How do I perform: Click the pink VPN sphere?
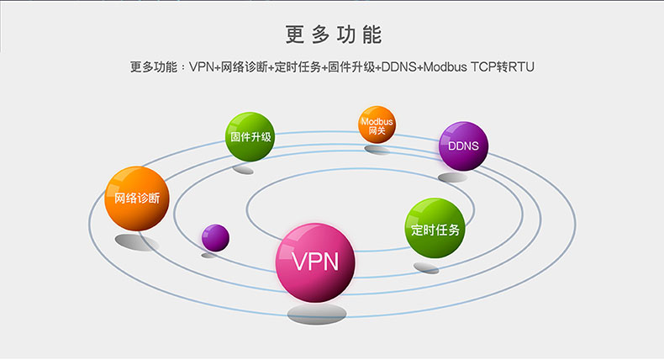click(315, 260)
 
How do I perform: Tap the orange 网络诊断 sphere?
click(136, 199)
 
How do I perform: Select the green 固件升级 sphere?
click(250, 136)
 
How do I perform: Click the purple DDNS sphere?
click(463, 146)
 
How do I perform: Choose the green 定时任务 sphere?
click(435, 229)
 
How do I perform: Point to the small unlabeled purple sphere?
click(215, 238)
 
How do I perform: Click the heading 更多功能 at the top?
click(333, 34)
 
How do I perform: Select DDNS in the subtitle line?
click(398, 66)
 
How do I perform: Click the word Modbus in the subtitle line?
click(448, 66)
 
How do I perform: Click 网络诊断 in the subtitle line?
click(246, 66)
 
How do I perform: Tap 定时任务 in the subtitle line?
click(298, 66)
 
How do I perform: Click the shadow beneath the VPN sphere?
click(316, 314)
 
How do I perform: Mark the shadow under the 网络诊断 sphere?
click(136, 242)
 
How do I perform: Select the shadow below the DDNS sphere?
click(452, 177)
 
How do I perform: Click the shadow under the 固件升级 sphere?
click(244, 170)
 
